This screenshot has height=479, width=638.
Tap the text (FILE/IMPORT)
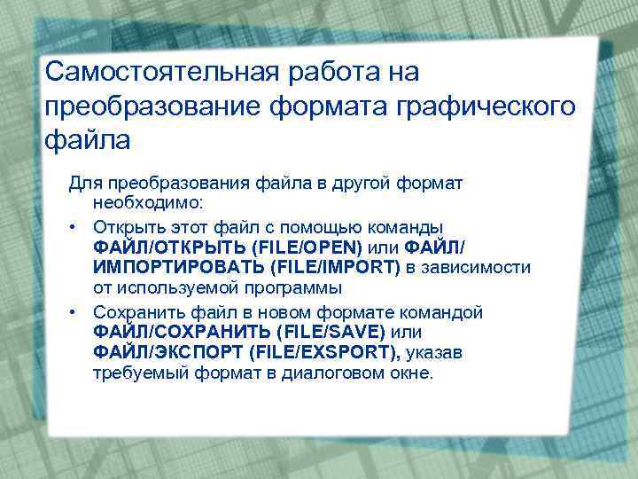click(337, 268)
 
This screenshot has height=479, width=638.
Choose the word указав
click(434, 354)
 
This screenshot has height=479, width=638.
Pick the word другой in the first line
click(358, 183)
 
